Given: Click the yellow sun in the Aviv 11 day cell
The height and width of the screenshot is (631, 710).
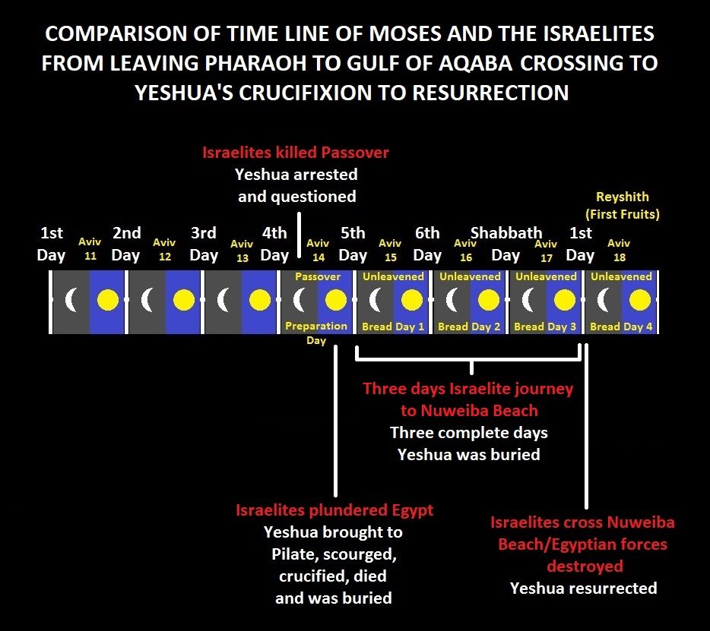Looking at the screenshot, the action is tap(108, 300).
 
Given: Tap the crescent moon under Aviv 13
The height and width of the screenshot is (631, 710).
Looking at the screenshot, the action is tap(222, 300).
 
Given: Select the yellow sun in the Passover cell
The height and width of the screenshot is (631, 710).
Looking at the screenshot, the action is tap(336, 300).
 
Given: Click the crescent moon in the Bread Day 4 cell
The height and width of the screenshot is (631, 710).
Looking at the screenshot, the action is tap(603, 300).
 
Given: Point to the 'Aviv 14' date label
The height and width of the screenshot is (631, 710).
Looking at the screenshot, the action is tap(318, 250).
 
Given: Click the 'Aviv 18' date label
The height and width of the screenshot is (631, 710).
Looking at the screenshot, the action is tap(619, 250).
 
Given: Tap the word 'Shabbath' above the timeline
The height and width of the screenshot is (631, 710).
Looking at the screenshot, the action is tap(506, 233).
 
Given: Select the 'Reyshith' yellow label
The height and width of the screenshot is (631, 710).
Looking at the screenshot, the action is tap(622, 197).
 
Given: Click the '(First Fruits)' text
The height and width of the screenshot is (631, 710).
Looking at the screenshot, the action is tap(622, 214).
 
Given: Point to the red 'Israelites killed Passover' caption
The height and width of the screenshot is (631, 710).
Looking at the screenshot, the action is tap(295, 153).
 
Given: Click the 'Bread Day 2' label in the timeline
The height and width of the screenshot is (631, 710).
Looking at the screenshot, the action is tap(469, 327).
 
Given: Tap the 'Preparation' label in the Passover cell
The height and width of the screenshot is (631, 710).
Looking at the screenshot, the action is tap(316, 326).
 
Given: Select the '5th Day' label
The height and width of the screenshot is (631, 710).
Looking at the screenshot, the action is tap(353, 244).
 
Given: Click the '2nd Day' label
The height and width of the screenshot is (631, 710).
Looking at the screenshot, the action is tap(126, 244).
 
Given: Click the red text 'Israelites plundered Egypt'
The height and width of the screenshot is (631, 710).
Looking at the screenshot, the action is tap(334, 510).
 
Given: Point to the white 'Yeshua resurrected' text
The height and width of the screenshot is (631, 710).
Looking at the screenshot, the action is tap(583, 588).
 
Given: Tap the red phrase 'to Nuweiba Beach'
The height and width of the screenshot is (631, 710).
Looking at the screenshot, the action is tap(469, 411).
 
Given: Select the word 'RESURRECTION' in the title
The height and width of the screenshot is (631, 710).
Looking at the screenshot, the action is tap(490, 93).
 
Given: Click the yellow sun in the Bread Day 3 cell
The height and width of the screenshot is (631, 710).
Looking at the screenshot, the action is tap(564, 300).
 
